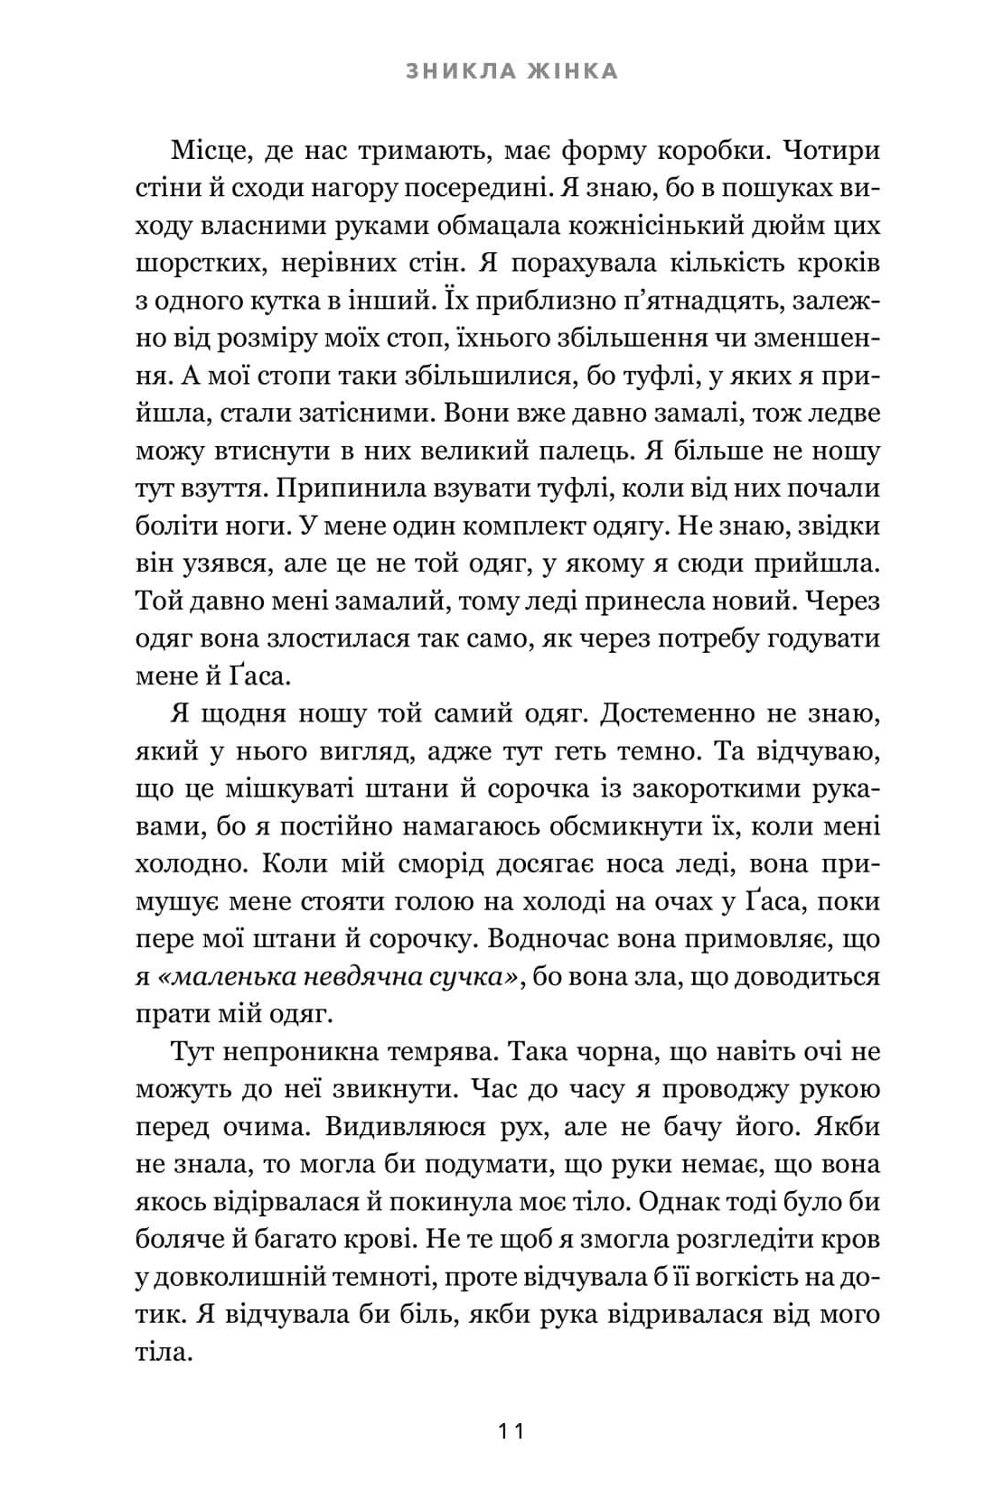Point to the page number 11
(511, 1430)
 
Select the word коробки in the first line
(706, 150)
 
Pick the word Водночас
(554, 938)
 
